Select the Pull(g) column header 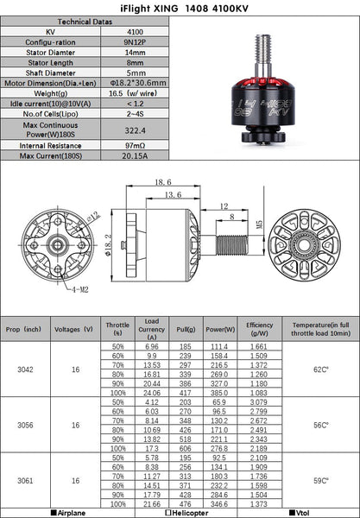coord(184,329)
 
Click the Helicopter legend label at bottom coord(179,512)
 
